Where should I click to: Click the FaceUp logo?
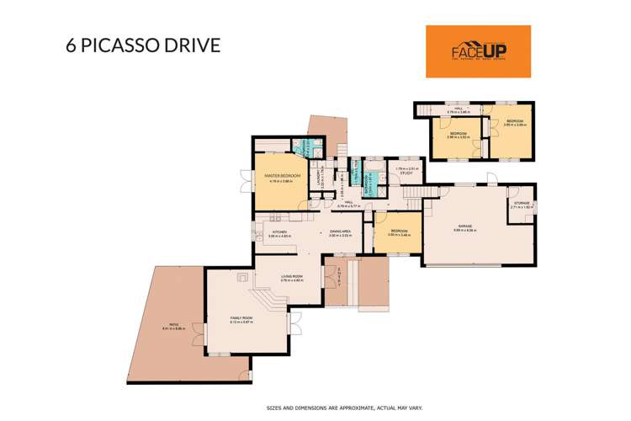coord(478,51)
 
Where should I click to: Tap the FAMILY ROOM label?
coord(241,317)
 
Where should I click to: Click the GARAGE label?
coord(464,226)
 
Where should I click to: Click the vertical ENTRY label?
coord(338,273)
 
